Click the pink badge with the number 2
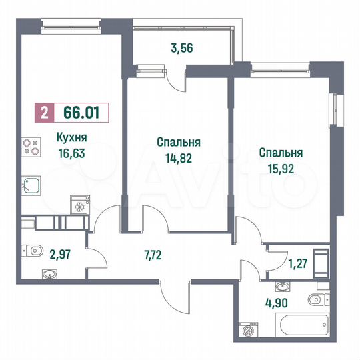(44, 113)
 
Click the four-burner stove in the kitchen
(31, 147)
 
